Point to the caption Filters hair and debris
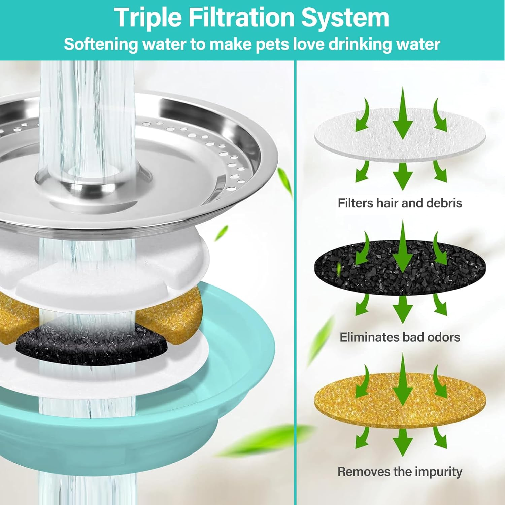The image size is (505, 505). pos(400,203)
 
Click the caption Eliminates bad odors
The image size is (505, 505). pos(400,337)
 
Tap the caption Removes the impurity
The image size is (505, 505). pos(400,471)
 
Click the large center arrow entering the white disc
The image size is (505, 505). pos(403,114)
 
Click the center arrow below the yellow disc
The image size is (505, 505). pos(403,441)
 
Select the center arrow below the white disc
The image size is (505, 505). pos(403,175)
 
